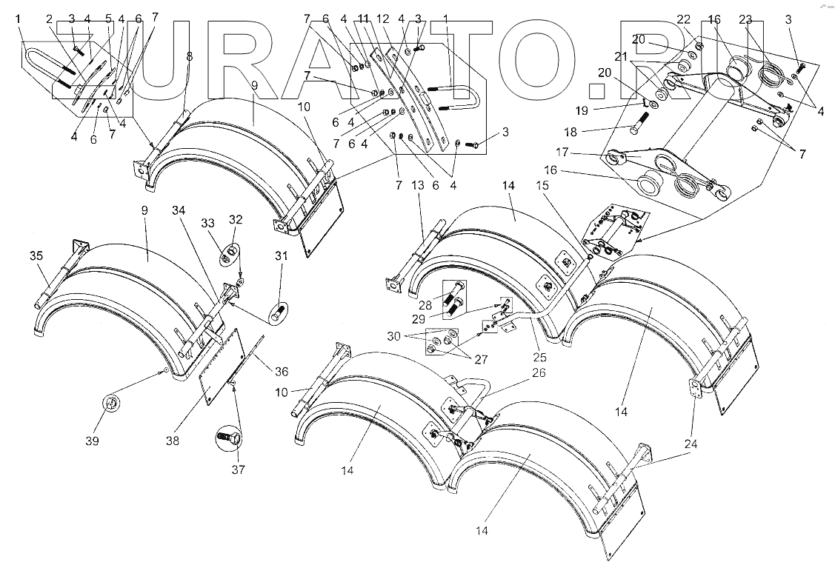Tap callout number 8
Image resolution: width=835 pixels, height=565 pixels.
coord(190,56)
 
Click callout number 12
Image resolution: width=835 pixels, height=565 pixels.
coord(383,18)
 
